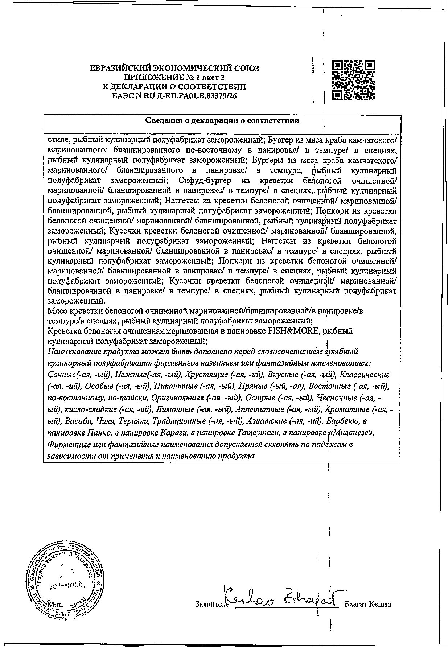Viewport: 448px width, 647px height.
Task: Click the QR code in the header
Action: [353, 80]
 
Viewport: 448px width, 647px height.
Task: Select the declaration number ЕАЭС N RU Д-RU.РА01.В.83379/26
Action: [174, 96]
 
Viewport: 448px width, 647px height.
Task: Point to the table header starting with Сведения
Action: [222, 121]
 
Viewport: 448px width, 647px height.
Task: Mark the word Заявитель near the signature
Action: [210, 605]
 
